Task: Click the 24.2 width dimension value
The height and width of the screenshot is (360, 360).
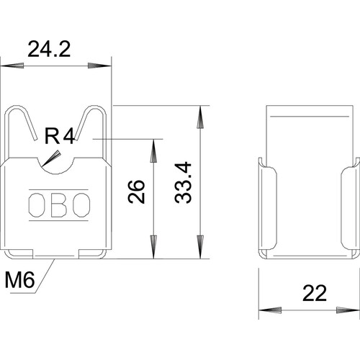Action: click(x=49, y=49)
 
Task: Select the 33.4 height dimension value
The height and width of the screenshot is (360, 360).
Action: click(x=184, y=183)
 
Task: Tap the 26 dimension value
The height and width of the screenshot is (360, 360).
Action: click(x=137, y=192)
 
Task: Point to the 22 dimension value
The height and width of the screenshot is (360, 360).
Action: click(x=315, y=293)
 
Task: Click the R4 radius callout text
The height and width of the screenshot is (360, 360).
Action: click(x=60, y=136)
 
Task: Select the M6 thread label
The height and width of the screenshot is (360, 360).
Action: click(x=20, y=280)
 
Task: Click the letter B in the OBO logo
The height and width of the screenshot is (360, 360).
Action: click(x=59, y=205)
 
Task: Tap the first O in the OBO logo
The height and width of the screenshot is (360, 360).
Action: click(x=37, y=205)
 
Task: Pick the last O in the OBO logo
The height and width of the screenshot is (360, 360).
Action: click(x=81, y=205)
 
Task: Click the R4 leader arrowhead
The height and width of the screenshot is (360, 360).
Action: click(x=51, y=158)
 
